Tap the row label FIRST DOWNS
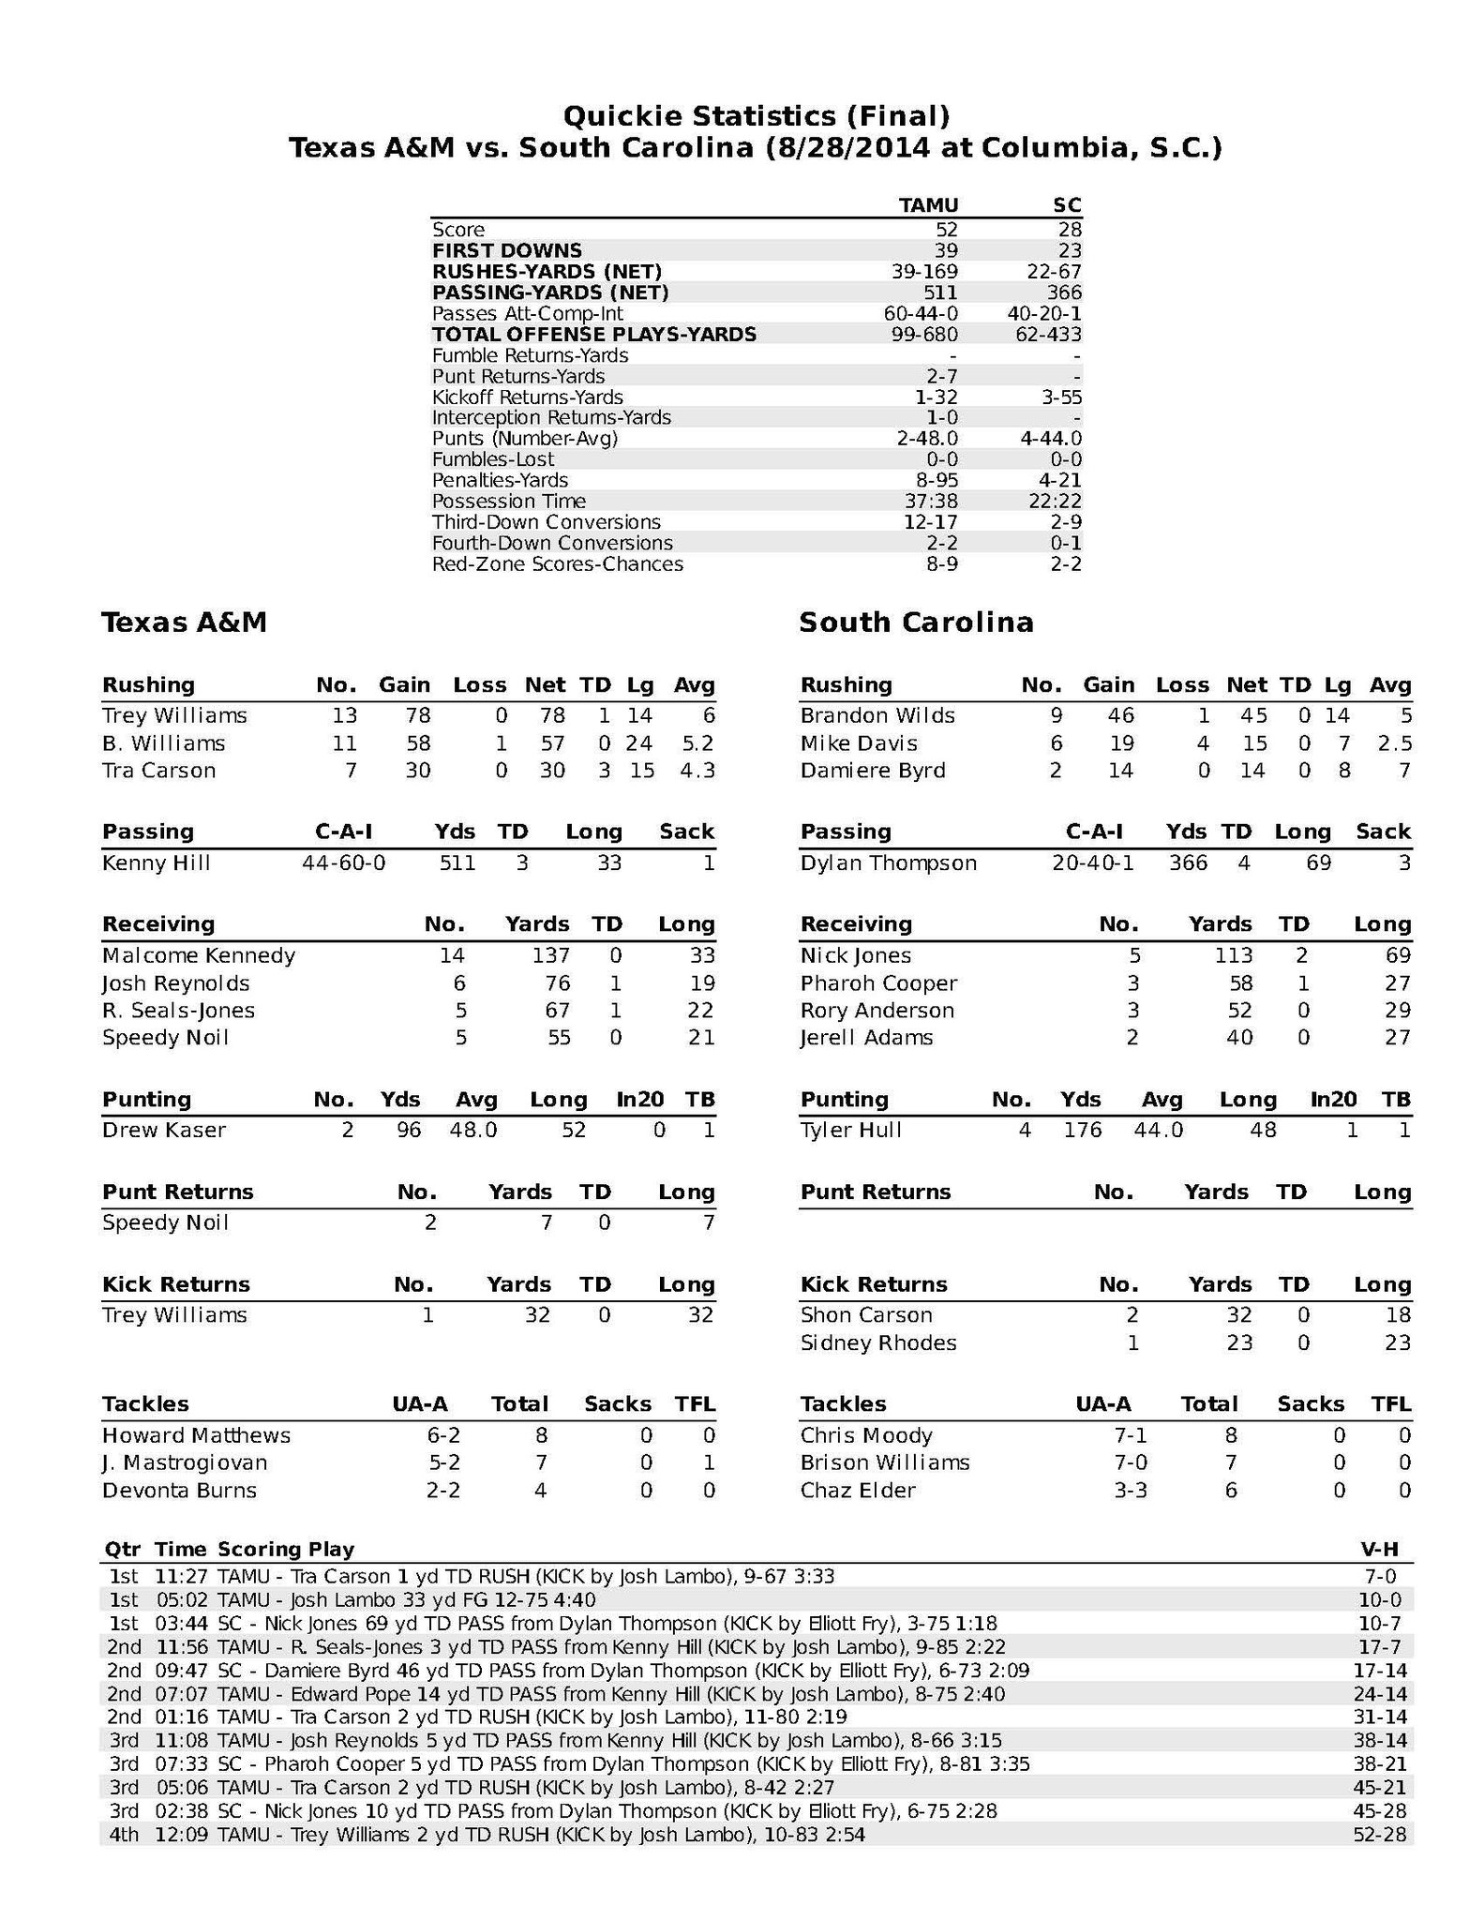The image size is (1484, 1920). coord(506,250)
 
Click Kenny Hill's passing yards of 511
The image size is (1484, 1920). coord(457,862)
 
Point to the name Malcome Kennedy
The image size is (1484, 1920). coord(199,955)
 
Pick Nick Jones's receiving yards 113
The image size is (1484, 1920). coord(1233,955)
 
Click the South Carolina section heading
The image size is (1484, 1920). coord(916,622)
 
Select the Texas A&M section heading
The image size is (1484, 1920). coord(185,622)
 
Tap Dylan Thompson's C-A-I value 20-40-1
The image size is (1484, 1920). coord(1092,862)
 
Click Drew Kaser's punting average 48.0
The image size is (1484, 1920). coord(472,1130)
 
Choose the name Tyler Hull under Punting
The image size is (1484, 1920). coord(850,1130)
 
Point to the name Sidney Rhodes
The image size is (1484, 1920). coord(878,1342)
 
